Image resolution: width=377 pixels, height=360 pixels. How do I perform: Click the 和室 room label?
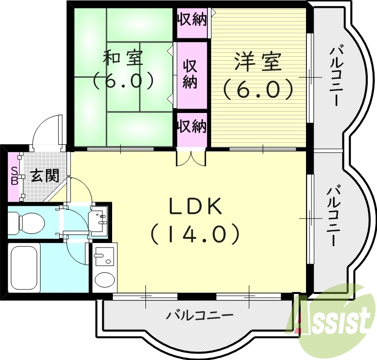click(x=123, y=58)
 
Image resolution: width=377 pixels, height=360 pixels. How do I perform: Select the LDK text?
click(x=196, y=207)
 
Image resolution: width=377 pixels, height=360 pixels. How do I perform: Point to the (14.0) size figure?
click(x=195, y=234)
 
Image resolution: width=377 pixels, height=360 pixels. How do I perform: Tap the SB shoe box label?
click(x=14, y=176)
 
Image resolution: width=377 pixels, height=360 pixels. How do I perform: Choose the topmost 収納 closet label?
click(x=191, y=21)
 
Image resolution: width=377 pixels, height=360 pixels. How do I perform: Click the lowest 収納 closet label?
click(x=191, y=127)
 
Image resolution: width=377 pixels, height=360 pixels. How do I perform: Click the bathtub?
click(x=24, y=267)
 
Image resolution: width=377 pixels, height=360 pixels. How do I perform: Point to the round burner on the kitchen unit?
click(x=104, y=280)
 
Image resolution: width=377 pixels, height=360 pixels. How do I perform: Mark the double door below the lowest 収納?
click(x=191, y=157)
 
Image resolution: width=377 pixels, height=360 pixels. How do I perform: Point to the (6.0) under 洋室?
click(x=258, y=90)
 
